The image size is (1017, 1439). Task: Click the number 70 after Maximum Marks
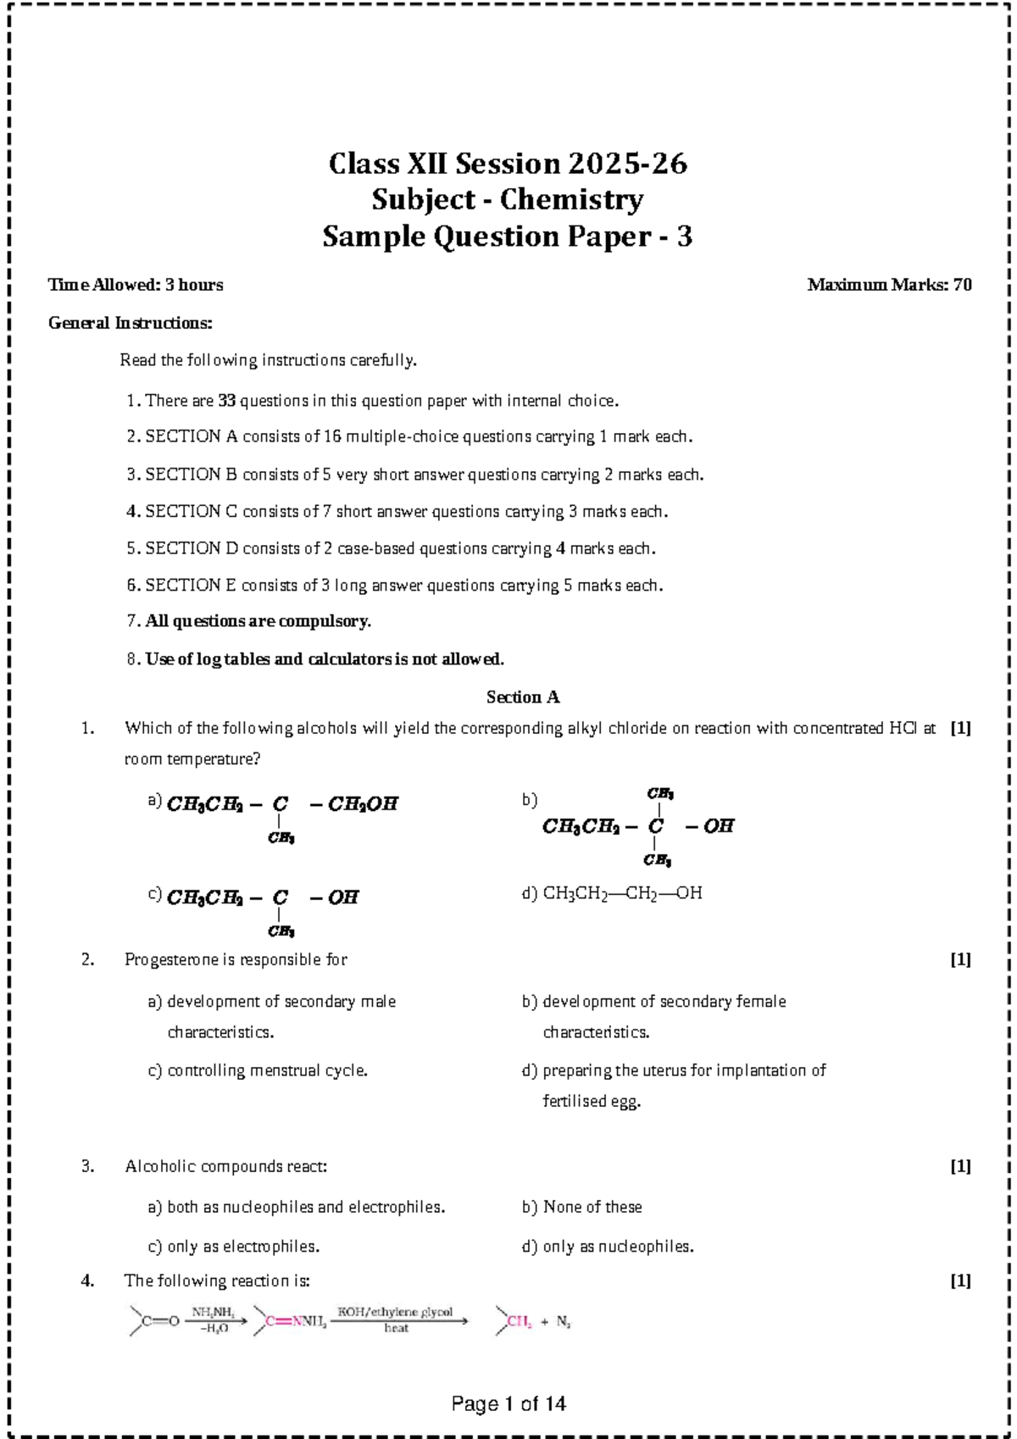[x=962, y=285]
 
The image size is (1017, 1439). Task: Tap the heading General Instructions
[x=131, y=323]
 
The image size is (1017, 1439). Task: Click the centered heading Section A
[x=523, y=697]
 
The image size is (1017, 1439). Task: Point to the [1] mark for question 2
[x=960, y=960]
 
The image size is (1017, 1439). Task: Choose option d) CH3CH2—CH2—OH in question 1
[x=613, y=893]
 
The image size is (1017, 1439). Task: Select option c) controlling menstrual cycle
[x=258, y=1070]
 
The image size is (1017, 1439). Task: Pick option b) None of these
[x=583, y=1207]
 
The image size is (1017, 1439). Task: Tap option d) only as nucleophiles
[x=609, y=1247]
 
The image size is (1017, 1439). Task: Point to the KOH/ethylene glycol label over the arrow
[x=396, y=1312]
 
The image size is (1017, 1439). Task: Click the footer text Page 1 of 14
[x=508, y=1404]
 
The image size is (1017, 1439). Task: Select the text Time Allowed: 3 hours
[x=136, y=285]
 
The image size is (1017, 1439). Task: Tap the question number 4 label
[x=86, y=1281]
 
